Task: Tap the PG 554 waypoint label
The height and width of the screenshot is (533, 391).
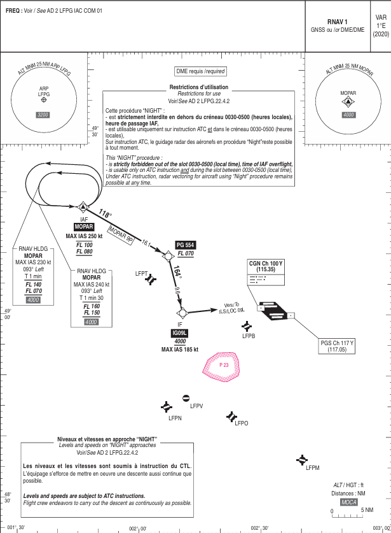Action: [x=186, y=245]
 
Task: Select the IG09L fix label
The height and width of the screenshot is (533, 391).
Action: [x=180, y=333]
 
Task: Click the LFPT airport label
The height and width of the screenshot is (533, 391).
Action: [x=142, y=273]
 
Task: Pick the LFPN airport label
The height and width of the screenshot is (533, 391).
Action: [x=175, y=418]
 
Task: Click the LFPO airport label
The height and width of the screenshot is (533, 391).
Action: [x=242, y=423]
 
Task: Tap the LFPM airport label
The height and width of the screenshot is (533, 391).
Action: [x=312, y=468]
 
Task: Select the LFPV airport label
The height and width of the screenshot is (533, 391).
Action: [x=196, y=406]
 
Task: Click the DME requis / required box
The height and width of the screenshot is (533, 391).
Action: [x=201, y=72]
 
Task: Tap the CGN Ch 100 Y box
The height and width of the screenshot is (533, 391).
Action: [x=266, y=266]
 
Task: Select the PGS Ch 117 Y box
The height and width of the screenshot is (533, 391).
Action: [x=337, y=346]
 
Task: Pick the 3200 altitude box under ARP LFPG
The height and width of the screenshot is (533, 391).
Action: [x=43, y=115]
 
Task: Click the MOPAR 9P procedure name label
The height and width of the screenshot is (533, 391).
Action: [x=120, y=234]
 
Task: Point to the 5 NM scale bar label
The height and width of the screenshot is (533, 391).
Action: [x=367, y=510]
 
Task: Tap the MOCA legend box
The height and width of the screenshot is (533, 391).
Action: [x=349, y=502]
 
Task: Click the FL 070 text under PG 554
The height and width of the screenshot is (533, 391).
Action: [x=185, y=253]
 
